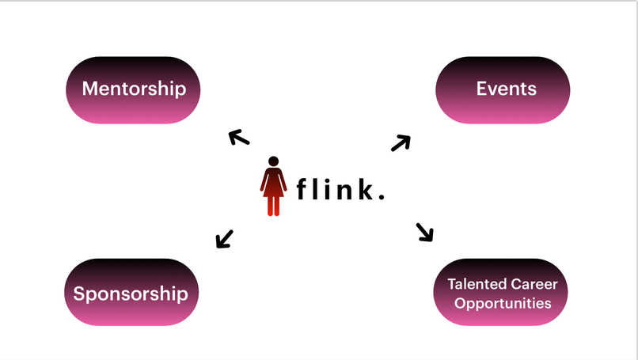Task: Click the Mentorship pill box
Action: click(x=133, y=89)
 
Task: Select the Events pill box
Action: click(x=503, y=89)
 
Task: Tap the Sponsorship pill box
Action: click(x=131, y=293)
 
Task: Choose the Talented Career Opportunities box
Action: click(x=501, y=293)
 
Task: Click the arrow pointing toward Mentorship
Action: click(x=239, y=138)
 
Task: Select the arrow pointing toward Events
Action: click(x=401, y=142)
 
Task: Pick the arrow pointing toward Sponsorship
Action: click(x=225, y=238)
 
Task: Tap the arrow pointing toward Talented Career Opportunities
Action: click(x=425, y=232)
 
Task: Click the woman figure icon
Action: click(x=273, y=186)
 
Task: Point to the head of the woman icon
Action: click(x=273, y=161)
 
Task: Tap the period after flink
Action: click(x=382, y=197)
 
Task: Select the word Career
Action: click(x=533, y=284)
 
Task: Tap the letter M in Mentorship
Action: click(x=90, y=88)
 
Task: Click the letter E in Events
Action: click(x=481, y=88)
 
